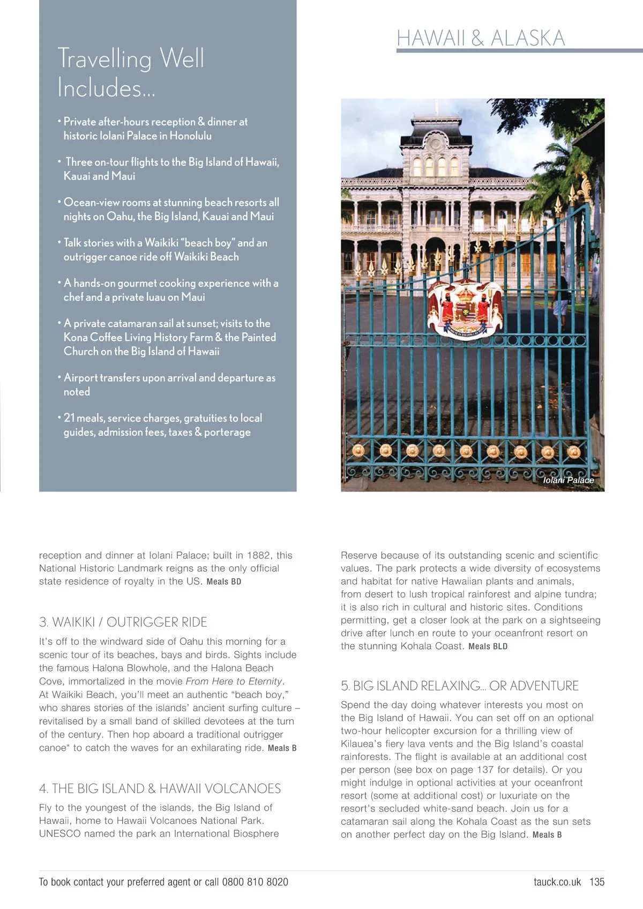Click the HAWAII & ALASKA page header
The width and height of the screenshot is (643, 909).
pos(481,38)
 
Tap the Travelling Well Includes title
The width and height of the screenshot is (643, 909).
pos(131,73)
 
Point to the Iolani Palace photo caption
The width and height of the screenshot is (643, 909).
pos(568,480)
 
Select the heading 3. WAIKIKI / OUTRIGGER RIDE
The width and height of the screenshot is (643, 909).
pos(123,622)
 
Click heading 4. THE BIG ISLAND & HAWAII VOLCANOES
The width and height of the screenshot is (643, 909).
pos(160,788)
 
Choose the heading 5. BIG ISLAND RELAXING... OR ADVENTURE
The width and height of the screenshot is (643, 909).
pos(460,686)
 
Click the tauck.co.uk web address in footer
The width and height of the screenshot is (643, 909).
pos(557,882)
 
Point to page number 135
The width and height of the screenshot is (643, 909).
pos(597,882)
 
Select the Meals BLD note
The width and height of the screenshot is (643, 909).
pos(488,646)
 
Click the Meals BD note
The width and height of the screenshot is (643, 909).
pos(224,582)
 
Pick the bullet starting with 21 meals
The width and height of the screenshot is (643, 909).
pos(162,425)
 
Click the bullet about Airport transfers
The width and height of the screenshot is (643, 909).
pos(169,384)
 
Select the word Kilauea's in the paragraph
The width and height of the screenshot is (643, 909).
pos(363,744)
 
